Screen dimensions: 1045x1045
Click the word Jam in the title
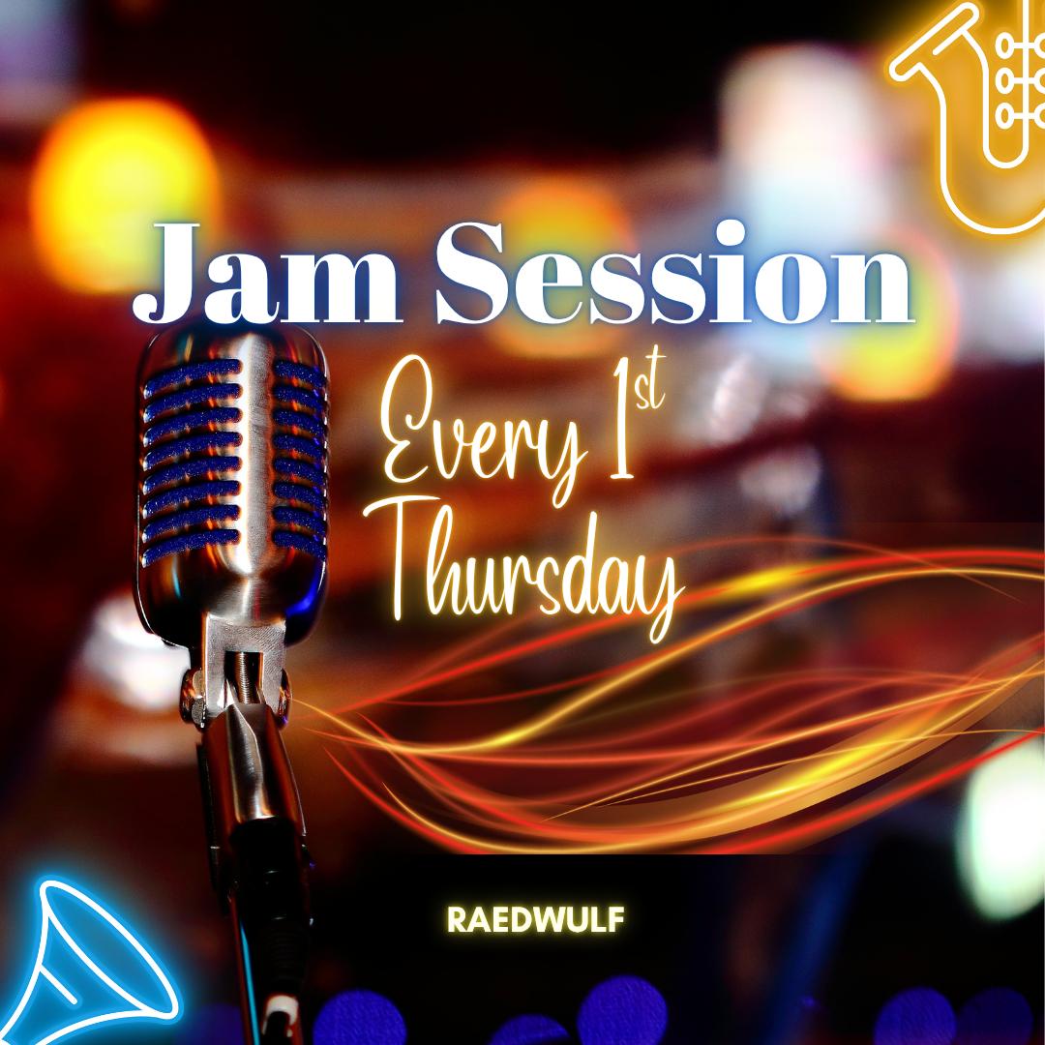(267, 275)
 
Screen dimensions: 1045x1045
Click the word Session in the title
(674, 273)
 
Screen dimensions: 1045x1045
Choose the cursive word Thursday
(533, 572)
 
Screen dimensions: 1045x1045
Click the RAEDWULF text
(535, 920)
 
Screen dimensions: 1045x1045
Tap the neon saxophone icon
(974, 113)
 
